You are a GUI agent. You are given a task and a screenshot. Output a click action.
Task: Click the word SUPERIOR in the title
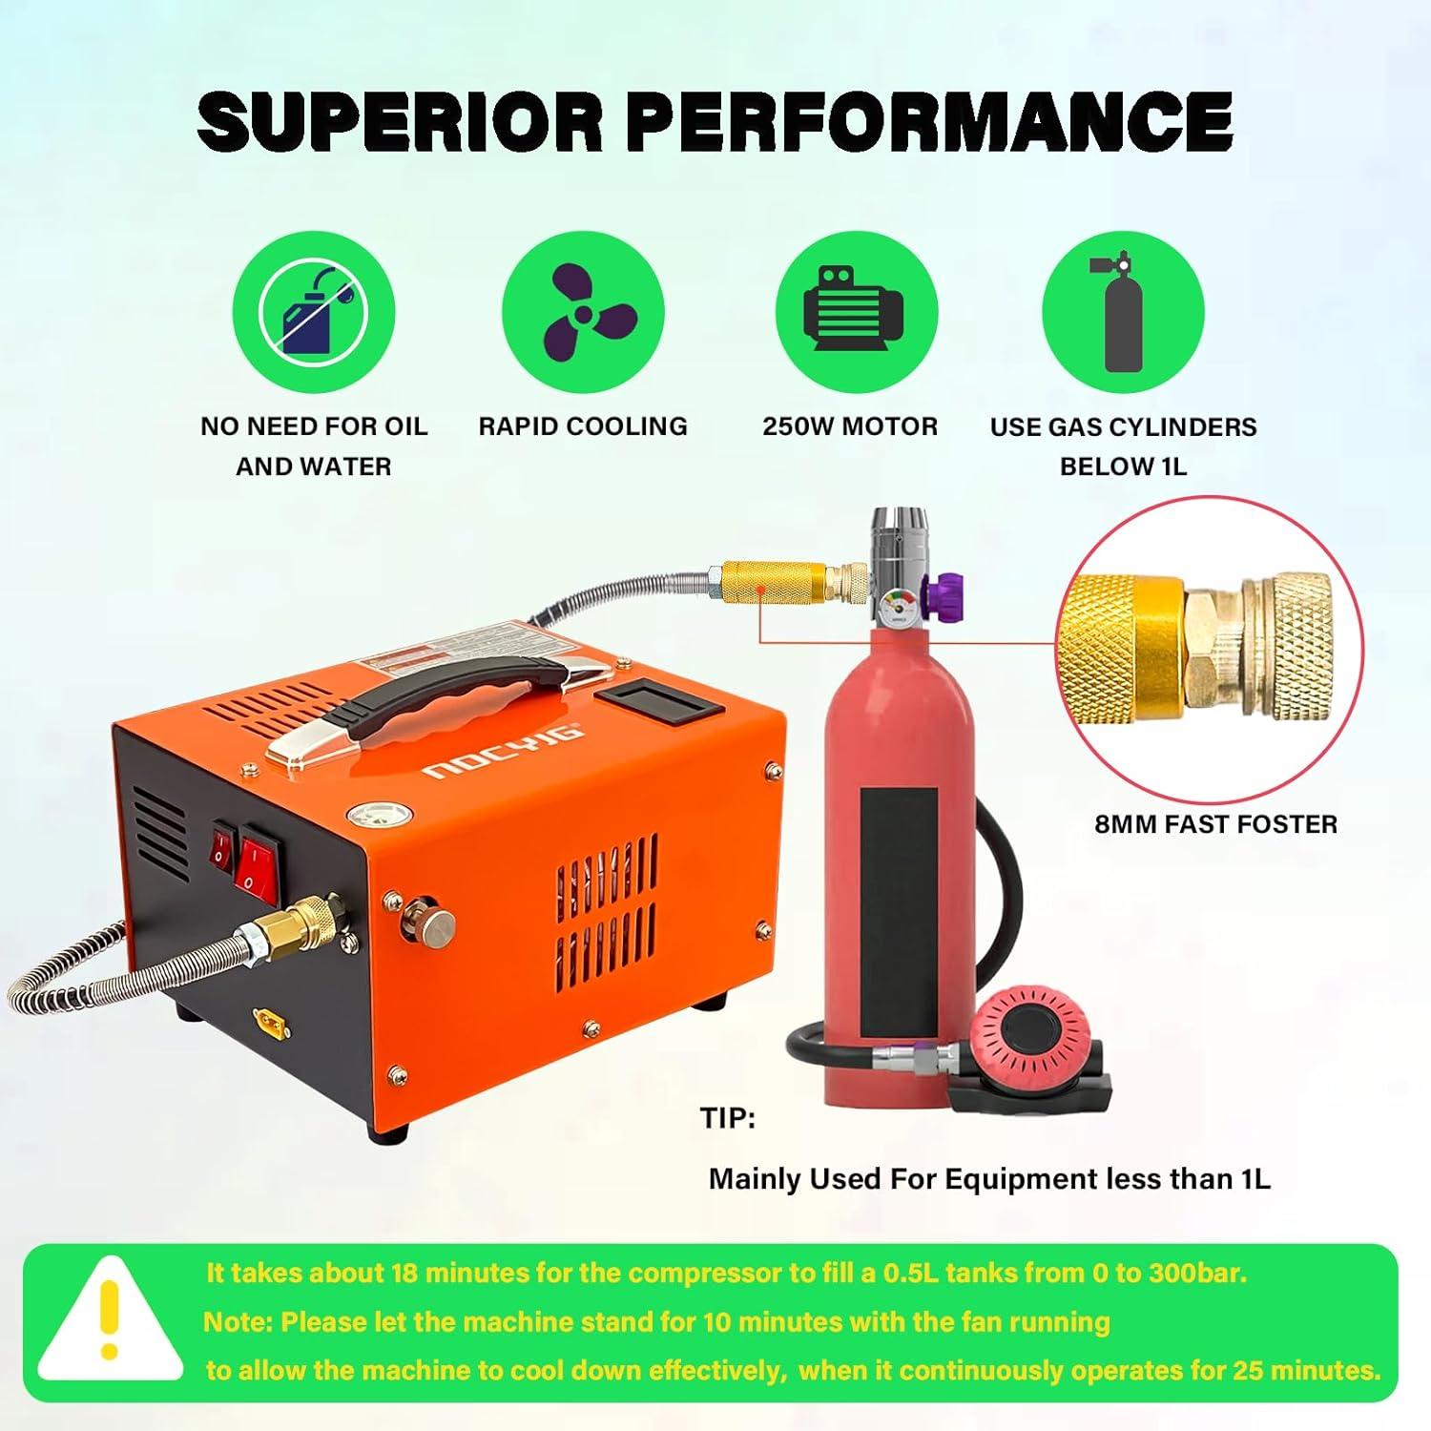(x=400, y=121)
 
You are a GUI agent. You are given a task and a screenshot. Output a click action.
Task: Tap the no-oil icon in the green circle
(x=314, y=311)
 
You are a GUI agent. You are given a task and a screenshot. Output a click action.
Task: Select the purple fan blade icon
(x=583, y=311)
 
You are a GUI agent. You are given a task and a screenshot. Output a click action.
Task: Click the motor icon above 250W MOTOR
(x=855, y=311)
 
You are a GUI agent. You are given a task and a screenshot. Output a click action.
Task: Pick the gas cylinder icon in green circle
(x=1123, y=311)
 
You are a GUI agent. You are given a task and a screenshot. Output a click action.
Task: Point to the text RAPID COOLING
(x=583, y=426)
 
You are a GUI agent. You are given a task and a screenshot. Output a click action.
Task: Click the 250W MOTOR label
(x=850, y=426)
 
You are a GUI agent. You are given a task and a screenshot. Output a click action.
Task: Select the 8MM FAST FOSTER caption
(x=1215, y=824)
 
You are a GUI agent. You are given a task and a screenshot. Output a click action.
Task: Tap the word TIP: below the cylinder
(x=728, y=1118)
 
